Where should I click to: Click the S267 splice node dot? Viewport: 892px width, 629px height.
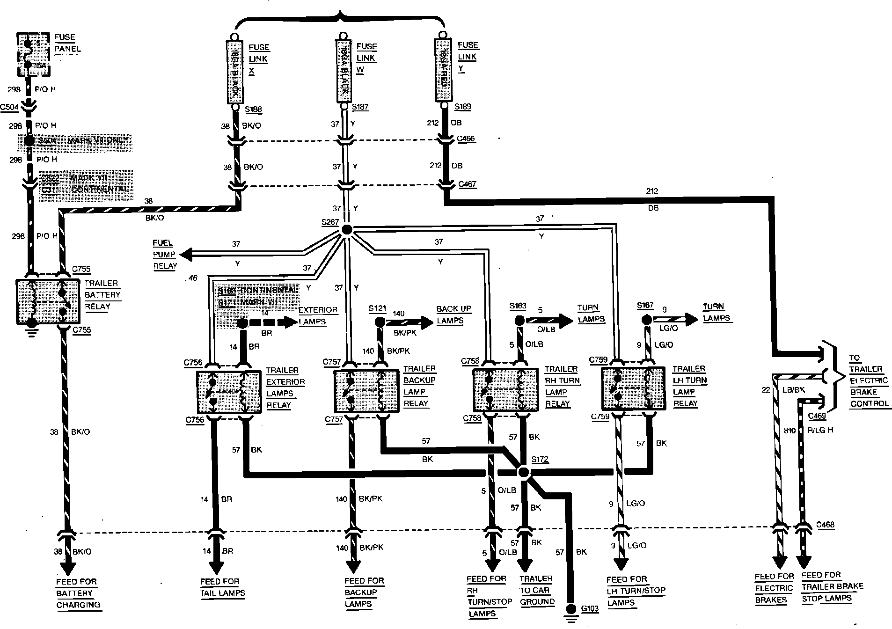(x=347, y=229)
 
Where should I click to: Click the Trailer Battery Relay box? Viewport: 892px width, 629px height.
(x=48, y=301)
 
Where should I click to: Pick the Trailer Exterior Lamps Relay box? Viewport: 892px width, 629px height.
(x=229, y=392)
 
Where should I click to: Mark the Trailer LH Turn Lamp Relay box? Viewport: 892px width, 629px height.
(x=633, y=388)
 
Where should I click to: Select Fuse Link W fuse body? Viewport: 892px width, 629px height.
(x=344, y=71)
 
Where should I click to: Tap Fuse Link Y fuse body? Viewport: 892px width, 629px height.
(x=443, y=70)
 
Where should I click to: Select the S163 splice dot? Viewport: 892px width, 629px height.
(x=519, y=321)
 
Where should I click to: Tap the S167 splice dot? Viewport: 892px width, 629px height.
(x=646, y=320)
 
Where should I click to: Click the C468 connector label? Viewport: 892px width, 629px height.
(x=825, y=525)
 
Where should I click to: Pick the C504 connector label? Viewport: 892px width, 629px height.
(x=9, y=107)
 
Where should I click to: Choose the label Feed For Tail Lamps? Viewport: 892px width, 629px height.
(x=222, y=587)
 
